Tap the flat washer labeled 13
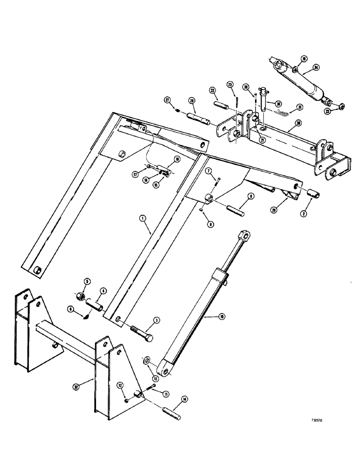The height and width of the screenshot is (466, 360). (146, 361)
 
